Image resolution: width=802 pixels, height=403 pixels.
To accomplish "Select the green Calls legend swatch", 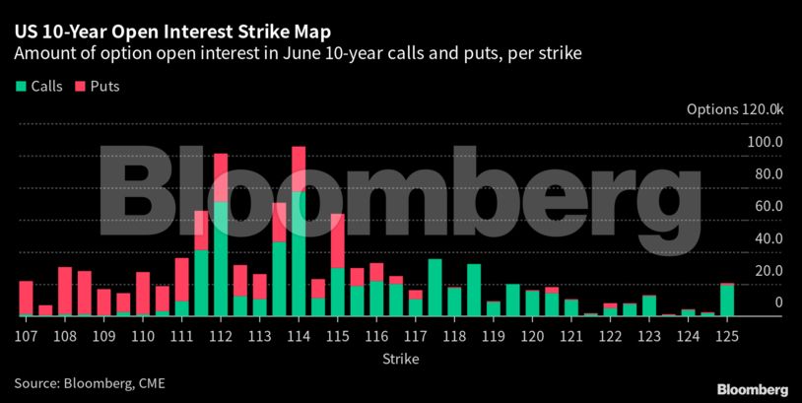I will click(x=21, y=87).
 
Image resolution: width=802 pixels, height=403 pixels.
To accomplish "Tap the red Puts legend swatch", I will click(x=80, y=87).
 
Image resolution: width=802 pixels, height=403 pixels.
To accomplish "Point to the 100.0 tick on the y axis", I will click(x=764, y=142).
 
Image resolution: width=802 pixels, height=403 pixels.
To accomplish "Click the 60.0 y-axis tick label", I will click(x=768, y=206).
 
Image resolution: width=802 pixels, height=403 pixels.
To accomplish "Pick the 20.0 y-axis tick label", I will click(x=768, y=271).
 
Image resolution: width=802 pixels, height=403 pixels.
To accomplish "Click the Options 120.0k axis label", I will click(x=735, y=109).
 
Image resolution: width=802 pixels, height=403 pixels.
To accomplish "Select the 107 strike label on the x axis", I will click(x=27, y=335).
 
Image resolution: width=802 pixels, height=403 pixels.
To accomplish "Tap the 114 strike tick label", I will click(x=299, y=335).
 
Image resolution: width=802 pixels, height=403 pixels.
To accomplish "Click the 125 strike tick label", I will click(x=727, y=335).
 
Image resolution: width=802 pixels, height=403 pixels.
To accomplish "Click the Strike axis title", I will click(x=401, y=359).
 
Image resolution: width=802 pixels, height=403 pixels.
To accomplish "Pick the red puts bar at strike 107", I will click(x=27, y=299).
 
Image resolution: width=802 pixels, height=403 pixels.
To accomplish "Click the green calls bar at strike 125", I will click(x=727, y=301).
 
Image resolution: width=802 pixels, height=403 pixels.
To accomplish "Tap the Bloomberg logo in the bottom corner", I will click(x=752, y=388).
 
